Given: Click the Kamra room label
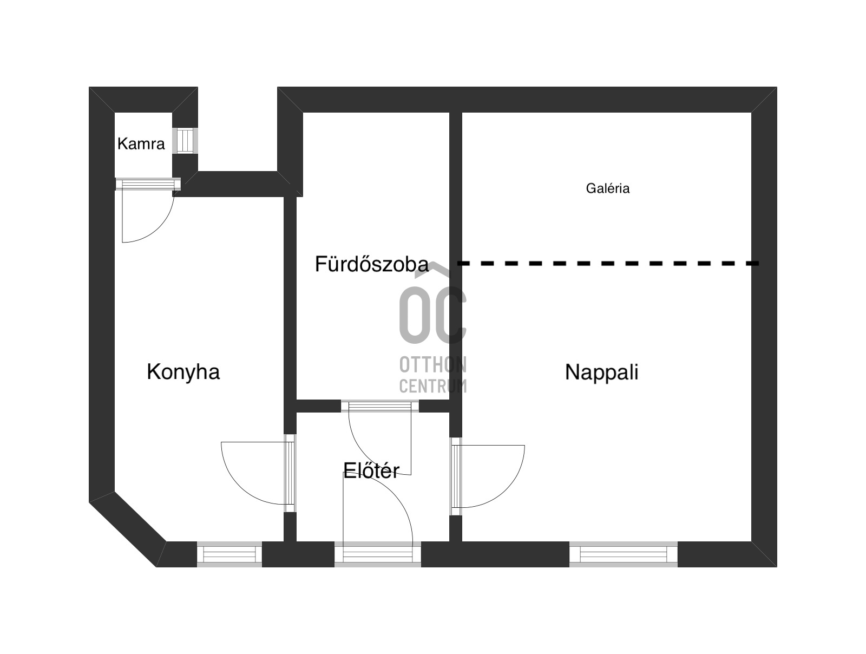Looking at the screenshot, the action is (141, 143).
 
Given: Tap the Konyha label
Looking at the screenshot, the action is (183, 371).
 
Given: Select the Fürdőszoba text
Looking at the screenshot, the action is (372, 264).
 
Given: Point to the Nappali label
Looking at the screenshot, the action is (602, 372).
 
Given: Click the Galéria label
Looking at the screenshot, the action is (608, 188).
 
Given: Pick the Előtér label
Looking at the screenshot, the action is (371, 470).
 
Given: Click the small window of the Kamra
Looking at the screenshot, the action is (185, 140).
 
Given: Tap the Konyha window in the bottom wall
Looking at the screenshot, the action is (229, 554).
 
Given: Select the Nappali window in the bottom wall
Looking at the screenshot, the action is (624, 554).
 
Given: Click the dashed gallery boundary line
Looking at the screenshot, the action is (608, 263).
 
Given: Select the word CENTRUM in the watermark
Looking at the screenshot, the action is (433, 385).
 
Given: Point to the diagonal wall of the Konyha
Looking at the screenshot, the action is (127, 529).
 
